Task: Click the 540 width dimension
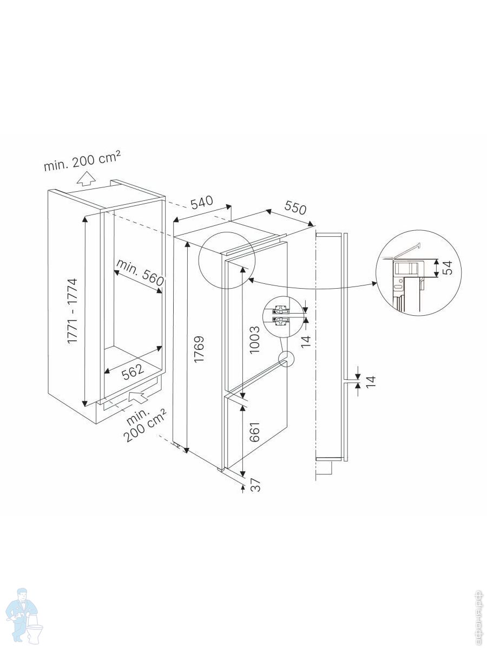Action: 202,202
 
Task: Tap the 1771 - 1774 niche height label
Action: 73,310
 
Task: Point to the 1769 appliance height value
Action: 200,348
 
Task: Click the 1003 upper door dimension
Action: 254,340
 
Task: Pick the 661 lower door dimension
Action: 254,432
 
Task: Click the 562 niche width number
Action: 133,370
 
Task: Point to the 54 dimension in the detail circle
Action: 447,268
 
